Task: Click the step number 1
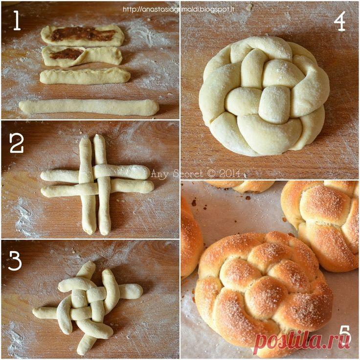pyautogui.click(x=17, y=21)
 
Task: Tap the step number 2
pyautogui.click(x=17, y=143)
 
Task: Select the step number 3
pyautogui.click(x=15, y=261)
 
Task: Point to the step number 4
pyautogui.click(x=339, y=21)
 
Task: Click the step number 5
pyautogui.click(x=345, y=335)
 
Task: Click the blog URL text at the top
pyautogui.click(x=179, y=9)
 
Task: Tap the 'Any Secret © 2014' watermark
pyautogui.click(x=196, y=173)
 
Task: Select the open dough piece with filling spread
pyautogui.click(x=83, y=35)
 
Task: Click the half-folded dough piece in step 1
pyautogui.click(x=82, y=56)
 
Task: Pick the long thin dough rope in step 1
pyautogui.click(x=89, y=107)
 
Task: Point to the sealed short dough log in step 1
pyautogui.click(x=85, y=76)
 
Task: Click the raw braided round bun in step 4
pyautogui.click(x=264, y=95)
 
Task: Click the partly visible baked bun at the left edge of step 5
pyautogui.click(x=191, y=239)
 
